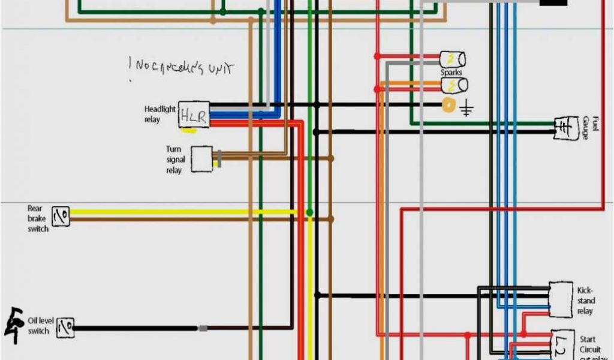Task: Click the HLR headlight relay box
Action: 194,115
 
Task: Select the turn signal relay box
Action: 201,159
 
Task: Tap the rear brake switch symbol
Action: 61,216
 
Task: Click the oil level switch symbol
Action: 65,328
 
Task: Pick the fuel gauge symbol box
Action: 565,128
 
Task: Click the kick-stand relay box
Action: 561,299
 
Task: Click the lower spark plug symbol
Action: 454,85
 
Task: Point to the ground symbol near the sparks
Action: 467,109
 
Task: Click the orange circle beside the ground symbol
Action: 448,105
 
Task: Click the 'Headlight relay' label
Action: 159,115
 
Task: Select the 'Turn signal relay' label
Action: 175,160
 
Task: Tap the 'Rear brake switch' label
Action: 37,218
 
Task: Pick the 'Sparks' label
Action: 452,73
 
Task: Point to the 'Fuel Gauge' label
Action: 591,128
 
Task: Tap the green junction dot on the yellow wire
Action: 309,212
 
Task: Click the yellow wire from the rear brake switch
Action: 180,212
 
